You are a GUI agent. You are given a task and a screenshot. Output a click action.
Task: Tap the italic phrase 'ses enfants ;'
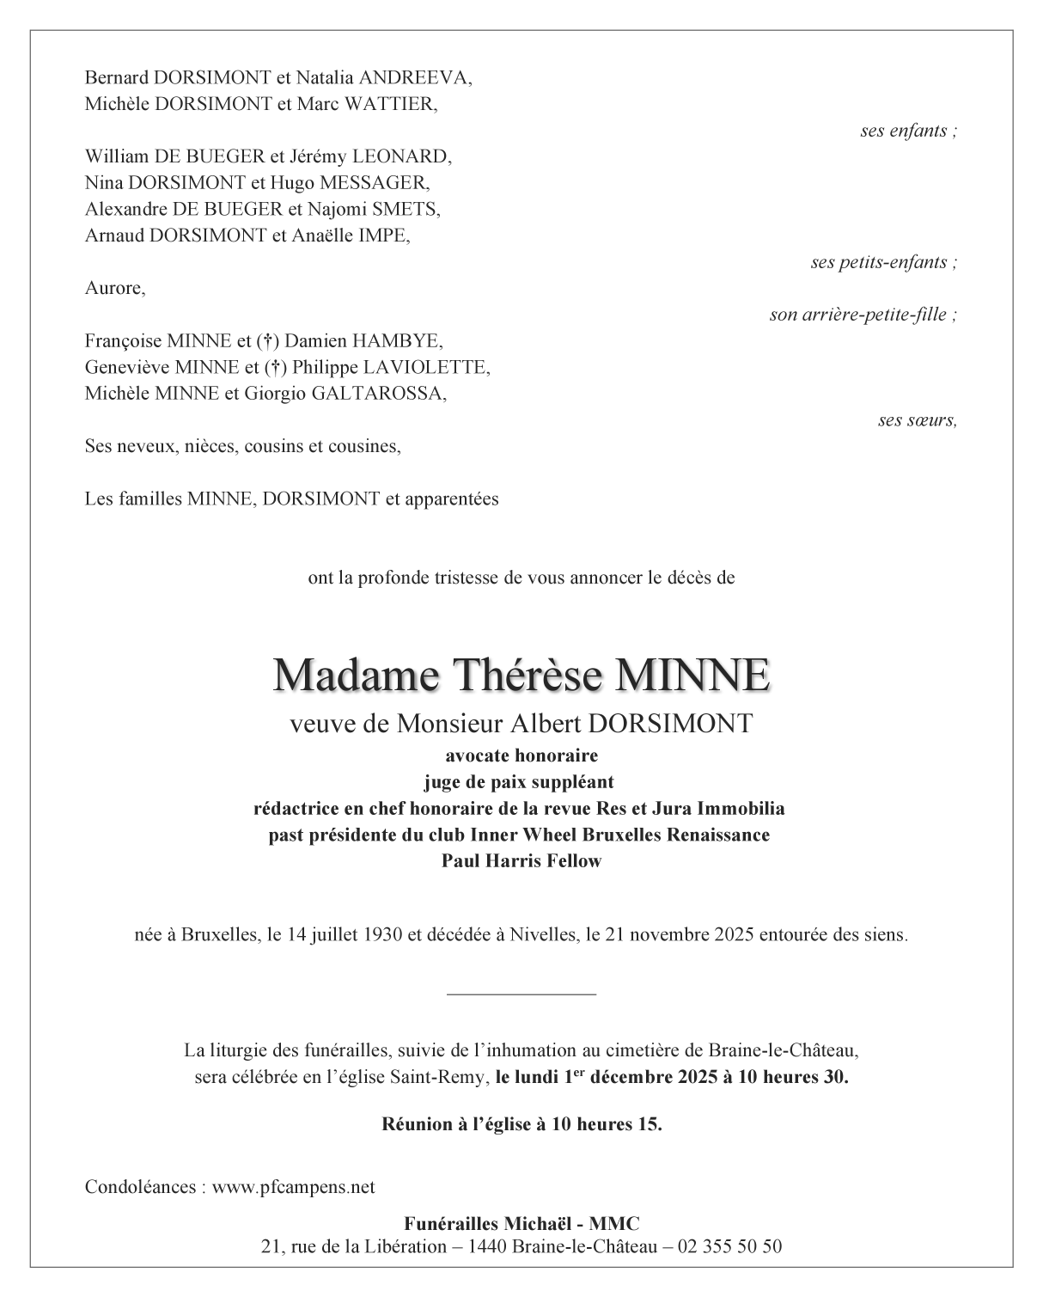[x=908, y=131]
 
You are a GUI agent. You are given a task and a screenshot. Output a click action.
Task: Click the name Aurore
[x=114, y=288]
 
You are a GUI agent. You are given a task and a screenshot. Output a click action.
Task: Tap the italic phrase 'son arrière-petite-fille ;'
[x=863, y=315]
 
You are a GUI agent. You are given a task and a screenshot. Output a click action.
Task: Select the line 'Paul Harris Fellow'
[x=521, y=861]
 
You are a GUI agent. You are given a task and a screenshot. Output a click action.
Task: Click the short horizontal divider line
[x=521, y=994]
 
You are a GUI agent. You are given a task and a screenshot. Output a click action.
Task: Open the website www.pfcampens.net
[x=293, y=1187]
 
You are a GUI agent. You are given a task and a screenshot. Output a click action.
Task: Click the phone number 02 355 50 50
[x=729, y=1246]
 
